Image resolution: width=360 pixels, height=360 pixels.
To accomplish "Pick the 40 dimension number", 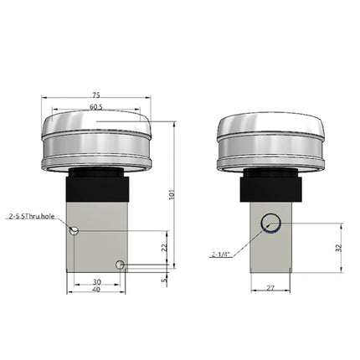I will (97, 291).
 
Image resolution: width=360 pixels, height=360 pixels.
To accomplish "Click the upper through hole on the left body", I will (75, 231).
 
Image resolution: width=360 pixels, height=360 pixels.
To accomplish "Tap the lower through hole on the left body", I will (121, 265).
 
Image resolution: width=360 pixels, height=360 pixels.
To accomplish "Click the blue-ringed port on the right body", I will (270, 223).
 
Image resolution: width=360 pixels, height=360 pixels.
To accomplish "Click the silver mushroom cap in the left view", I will (97, 138).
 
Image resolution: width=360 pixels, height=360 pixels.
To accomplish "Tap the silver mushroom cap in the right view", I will (270, 138).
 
